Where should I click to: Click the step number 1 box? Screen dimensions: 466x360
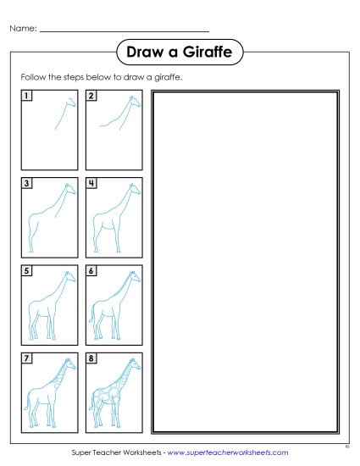(x=27, y=96)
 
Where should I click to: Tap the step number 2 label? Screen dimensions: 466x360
(x=91, y=96)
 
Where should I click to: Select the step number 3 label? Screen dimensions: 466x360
(x=27, y=183)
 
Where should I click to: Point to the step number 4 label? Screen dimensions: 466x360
(x=91, y=183)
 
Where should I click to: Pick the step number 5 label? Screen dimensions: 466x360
(x=27, y=271)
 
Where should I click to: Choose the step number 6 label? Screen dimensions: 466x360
(x=91, y=271)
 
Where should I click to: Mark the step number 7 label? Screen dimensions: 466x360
(x=27, y=358)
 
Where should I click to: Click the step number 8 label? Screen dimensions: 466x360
(x=91, y=358)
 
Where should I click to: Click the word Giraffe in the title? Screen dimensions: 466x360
(x=203, y=53)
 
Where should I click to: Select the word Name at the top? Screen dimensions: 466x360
(x=22, y=28)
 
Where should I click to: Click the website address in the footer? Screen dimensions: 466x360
(x=228, y=453)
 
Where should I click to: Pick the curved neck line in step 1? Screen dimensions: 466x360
(x=61, y=114)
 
